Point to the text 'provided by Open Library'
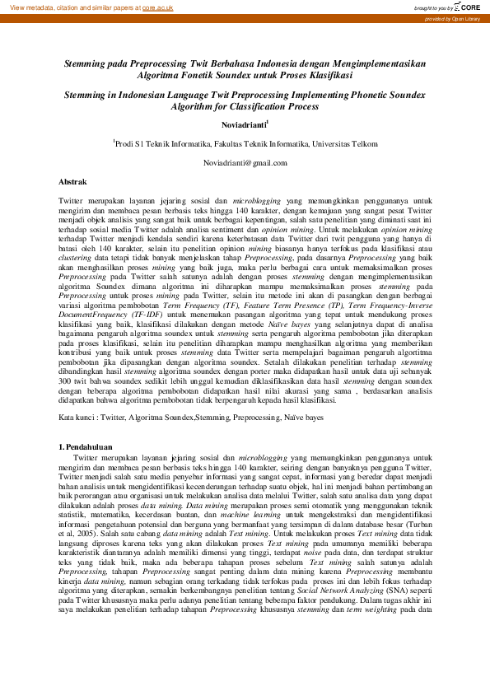454,18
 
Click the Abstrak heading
72,180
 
